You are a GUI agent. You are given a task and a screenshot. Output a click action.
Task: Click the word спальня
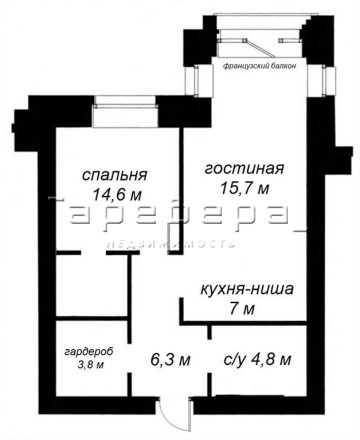point(114,175)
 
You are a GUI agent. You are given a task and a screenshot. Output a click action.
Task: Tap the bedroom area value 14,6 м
point(117,194)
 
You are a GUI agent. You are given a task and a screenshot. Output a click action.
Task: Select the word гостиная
point(244,169)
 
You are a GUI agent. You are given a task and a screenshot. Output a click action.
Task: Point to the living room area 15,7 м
point(244,188)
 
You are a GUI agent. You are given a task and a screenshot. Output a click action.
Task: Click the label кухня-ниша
point(247,289)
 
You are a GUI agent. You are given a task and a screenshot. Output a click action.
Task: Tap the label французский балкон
point(259,66)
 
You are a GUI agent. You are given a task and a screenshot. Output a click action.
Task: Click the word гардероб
point(89,352)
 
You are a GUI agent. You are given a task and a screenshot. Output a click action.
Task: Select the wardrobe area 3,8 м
point(91,364)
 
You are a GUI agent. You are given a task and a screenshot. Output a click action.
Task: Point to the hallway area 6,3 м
point(170,360)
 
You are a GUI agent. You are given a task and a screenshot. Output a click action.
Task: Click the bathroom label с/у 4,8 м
point(257,359)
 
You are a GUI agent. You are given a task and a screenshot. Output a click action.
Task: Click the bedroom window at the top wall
point(125,112)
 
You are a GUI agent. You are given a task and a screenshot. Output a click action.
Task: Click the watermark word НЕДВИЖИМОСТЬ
point(171,243)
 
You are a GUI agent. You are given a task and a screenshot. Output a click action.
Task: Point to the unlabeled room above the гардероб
point(92,286)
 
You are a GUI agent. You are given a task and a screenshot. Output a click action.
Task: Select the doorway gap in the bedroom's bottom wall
point(94,253)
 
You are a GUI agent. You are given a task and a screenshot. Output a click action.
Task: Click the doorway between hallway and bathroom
point(209,356)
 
